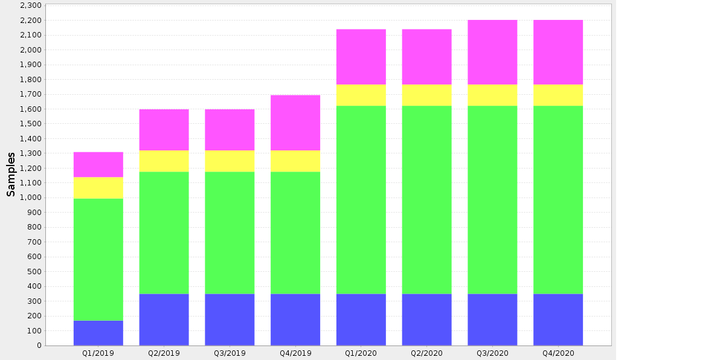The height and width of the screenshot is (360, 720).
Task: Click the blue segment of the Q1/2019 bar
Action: pyautogui.click(x=98, y=333)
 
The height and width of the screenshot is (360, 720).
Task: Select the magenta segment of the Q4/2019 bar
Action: pyautogui.click(x=295, y=123)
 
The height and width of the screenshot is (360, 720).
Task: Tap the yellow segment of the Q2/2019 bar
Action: pyautogui.click(x=164, y=161)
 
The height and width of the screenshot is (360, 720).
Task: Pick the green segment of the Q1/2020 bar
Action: pyautogui.click(x=361, y=200)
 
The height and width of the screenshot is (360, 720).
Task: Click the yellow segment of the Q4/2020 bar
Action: pyautogui.click(x=558, y=95)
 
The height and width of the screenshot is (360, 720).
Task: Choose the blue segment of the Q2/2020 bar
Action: pyautogui.click(x=427, y=320)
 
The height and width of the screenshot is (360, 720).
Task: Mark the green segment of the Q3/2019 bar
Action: pyautogui.click(x=230, y=233)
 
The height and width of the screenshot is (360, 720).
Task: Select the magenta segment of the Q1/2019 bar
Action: pyautogui.click(x=98, y=165)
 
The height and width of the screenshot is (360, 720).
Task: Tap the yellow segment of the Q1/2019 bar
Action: pyautogui.click(x=98, y=188)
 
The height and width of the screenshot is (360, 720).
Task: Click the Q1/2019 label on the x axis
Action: pyautogui.click(x=98, y=353)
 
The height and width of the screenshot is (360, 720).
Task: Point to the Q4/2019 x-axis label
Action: pyautogui.click(x=295, y=353)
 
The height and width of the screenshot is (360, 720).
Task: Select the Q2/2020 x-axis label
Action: pyautogui.click(x=427, y=353)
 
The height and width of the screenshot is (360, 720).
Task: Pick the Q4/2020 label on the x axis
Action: pyautogui.click(x=558, y=353)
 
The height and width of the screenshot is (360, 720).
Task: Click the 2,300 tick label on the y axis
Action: pyautogui.click(x=31, y=5)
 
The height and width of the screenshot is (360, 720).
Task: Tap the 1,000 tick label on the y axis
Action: pyautogui.click(x=31, y=198)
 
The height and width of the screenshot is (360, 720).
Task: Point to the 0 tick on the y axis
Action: pyautogui.click(x=39, y=346)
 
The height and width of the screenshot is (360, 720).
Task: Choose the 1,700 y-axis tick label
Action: pyautogui.click(x=31, y=94)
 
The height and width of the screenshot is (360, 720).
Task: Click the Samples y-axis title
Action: pyautogui.click(x=11, y=175)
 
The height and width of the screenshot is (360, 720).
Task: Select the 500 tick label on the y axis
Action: pyautogui.click(x=34, y=272)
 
